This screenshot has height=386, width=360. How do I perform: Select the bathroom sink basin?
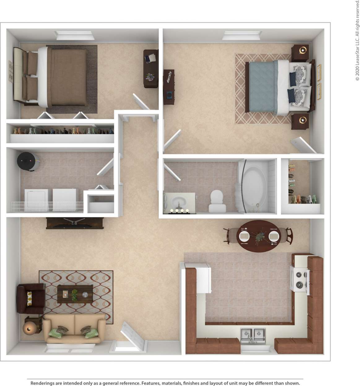[179, 201]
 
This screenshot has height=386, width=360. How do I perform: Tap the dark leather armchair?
[30, 298]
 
